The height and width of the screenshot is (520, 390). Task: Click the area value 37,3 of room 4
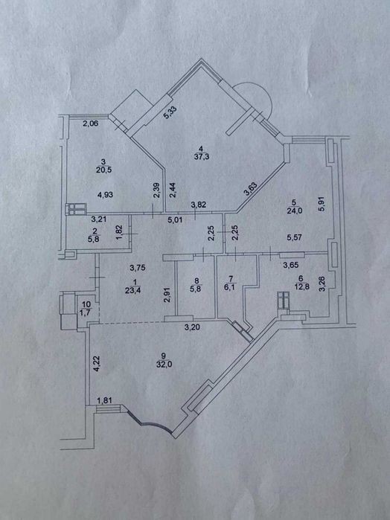click(202, 156)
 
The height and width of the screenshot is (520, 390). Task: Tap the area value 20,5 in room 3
click(104, 170)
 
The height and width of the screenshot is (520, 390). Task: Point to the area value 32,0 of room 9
click(163, 364)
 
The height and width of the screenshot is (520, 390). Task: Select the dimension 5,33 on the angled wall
click(170, 112)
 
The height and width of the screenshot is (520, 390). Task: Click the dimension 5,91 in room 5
click(322, 205)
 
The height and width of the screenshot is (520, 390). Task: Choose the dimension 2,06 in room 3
click(90, 124)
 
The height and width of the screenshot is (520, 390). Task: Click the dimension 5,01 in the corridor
click(175, 219)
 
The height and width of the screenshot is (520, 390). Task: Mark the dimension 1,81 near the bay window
click(104, 401)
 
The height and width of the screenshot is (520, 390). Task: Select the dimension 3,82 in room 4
click(199, 205)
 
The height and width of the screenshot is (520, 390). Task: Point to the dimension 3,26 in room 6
click(322, 284)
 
